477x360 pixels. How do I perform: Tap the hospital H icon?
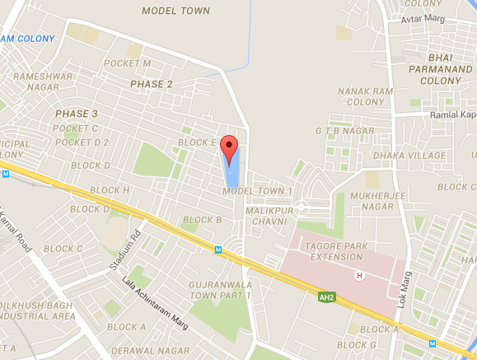click(358, 275)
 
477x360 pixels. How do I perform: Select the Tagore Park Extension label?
click(334, 250)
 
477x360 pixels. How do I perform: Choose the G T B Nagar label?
click(339, 131)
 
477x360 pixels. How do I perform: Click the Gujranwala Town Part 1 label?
click(221, 289)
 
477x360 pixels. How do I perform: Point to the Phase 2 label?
click(152, 84)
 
